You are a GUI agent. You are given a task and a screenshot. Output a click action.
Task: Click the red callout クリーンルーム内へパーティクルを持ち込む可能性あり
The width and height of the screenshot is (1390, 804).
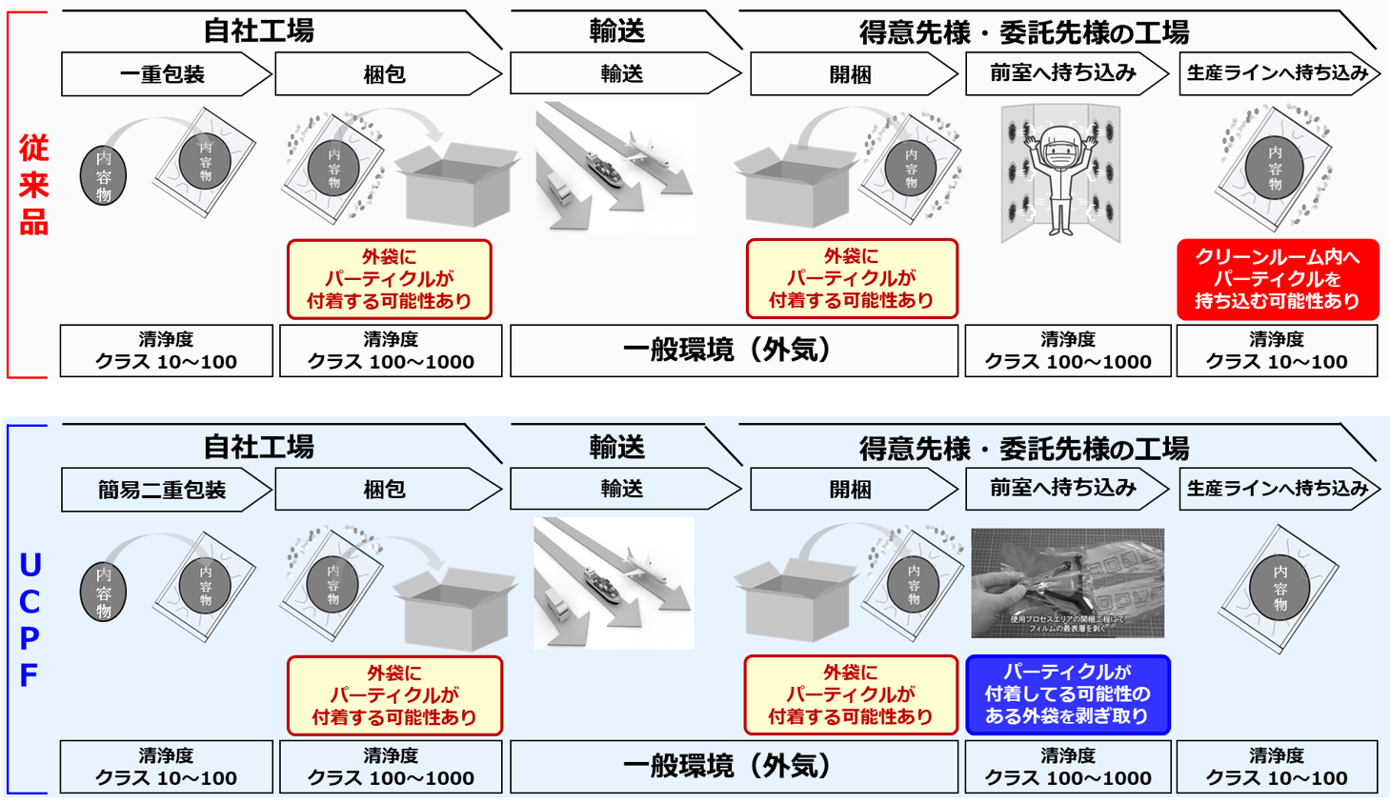coord(1277,279)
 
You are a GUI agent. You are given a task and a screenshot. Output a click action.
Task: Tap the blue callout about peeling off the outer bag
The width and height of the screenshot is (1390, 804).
coord(1067,694)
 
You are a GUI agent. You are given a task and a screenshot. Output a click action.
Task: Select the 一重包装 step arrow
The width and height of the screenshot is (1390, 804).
coord(162,74)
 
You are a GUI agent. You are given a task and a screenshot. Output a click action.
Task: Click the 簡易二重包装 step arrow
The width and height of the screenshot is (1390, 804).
coord(162,490)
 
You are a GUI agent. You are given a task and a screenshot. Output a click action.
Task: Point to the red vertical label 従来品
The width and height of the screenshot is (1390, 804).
coord(33,186)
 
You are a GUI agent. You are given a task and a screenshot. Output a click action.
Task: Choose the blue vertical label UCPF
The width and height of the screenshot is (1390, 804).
coord(30,619)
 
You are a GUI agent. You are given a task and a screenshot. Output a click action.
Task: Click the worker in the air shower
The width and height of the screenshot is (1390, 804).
coord(1060,176)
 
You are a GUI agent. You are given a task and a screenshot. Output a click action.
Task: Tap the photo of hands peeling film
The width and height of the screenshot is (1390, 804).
coord(1067,583)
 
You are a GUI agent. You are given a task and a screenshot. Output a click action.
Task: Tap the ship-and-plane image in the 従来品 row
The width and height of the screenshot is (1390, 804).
coord(614,167)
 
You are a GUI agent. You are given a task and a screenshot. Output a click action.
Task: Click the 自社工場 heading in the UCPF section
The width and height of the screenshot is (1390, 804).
coord(259,447)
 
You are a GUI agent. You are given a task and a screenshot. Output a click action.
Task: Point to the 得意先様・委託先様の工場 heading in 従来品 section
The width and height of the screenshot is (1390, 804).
coord(1024,32)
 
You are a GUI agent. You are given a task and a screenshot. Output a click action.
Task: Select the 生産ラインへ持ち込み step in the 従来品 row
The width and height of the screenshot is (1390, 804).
coord(1277,73)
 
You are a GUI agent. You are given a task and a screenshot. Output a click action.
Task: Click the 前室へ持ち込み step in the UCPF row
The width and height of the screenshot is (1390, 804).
coord(1063,489)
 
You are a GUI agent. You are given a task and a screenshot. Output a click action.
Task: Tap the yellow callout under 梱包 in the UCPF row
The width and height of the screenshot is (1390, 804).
coord(393,695)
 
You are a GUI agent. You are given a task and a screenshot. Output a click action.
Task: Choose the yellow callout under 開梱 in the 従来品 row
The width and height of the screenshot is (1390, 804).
coord(851,278)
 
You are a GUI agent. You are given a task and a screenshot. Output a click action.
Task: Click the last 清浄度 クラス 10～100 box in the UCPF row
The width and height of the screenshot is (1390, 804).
coord(1277,766)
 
